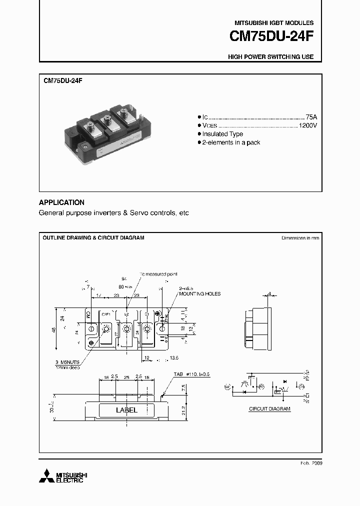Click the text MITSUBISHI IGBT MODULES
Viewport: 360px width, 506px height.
point(274,23)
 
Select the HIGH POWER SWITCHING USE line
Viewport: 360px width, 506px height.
point(270,57)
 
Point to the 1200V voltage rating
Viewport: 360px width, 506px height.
point(307,125)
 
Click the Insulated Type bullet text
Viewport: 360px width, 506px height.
point(222,134)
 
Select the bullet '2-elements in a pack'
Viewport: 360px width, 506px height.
point(231,142)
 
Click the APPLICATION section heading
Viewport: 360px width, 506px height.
point(61,202)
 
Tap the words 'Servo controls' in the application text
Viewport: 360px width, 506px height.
point(151,213)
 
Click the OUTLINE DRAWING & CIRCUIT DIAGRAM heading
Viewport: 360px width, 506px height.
point(93,238)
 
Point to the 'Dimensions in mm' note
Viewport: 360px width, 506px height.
point(300,238)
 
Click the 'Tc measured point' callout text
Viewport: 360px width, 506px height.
point(158,274)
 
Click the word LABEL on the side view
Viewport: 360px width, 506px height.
point(126,410)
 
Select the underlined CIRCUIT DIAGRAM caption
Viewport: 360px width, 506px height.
point(269,408)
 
